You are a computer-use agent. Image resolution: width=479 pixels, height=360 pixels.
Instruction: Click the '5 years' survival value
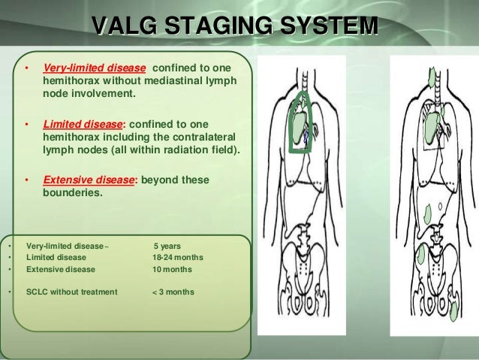pyautogui.click(x=167, y=246)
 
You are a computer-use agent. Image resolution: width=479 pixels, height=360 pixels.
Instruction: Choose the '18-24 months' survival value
pyautogui.click(x=177, y=257)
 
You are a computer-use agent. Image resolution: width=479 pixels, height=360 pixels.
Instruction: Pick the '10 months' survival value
pyautogui.click(x=171, y=269)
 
